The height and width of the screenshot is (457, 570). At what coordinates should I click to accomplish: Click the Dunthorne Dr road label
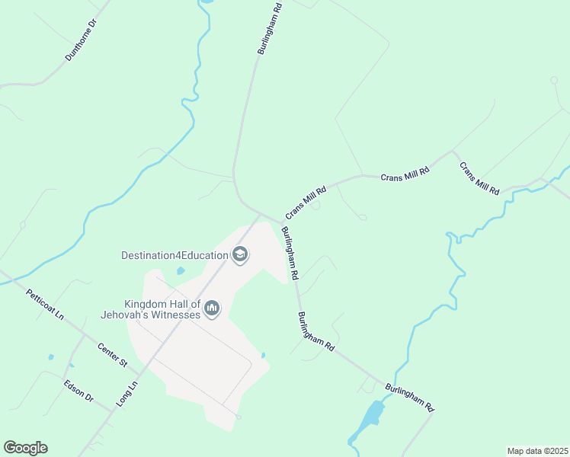tap(82, 40)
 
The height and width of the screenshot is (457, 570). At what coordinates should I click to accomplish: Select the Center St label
tap(112, 354)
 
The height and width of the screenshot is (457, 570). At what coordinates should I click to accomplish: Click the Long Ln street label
tap(126, 394)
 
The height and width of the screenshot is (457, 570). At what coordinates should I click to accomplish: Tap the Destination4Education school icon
tap(240, 254)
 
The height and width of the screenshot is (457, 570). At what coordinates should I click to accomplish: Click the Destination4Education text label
tap(175, 255)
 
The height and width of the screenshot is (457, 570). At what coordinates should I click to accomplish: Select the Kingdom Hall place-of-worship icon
tap(212, 308)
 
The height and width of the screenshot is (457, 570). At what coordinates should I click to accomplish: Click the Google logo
tap(25, 448)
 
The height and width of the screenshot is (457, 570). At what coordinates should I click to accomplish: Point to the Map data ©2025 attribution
tap(537, 451)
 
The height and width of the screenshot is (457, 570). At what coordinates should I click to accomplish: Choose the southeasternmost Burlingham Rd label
tap(409, 398)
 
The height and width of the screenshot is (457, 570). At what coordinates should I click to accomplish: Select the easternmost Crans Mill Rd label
tap(479, 177)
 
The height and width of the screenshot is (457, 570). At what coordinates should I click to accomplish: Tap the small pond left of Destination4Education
tap(181, 270)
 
